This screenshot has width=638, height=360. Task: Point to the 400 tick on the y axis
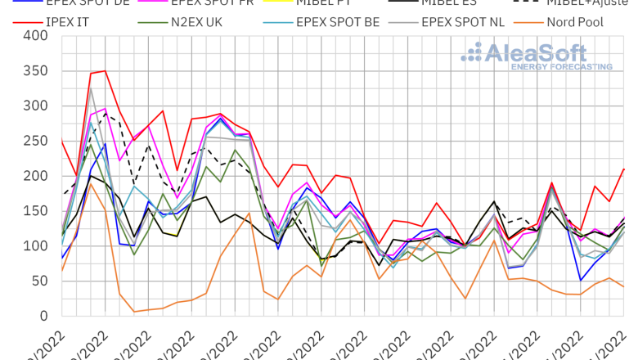(x=35, y=36)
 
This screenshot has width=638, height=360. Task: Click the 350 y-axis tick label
(x=35, y=71)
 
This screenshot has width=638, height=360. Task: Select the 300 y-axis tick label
(x=35, y=106)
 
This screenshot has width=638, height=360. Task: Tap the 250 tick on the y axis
(x=35, y=141)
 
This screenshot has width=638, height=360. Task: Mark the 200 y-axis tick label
(x=35, y=176)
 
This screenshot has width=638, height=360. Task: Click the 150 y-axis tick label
(x=35, y=211)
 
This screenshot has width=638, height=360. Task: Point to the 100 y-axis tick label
(x=35, y=246)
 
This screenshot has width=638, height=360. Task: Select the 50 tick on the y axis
(x=39, y=281)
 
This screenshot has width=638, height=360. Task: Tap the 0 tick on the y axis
(x=43, y=316)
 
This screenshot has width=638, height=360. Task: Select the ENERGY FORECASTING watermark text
(x=562, y=66)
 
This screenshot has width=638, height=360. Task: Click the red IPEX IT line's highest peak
(x=105, y=70)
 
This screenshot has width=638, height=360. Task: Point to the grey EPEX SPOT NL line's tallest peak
(x=91, y=88)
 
